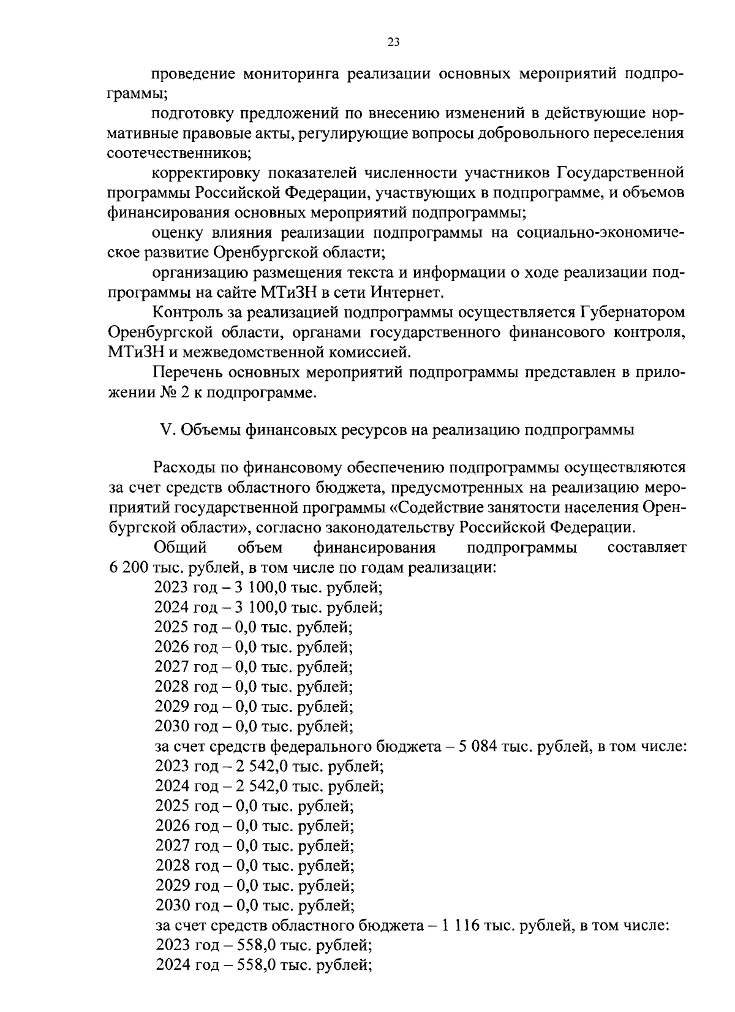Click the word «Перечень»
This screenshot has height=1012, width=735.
pyautogui.click(x=186, y=372)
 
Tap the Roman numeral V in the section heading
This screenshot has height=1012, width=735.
pyautogui.click(x=164, y=430)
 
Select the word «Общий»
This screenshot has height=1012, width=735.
pyautogui.click(x=180, y=548)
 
